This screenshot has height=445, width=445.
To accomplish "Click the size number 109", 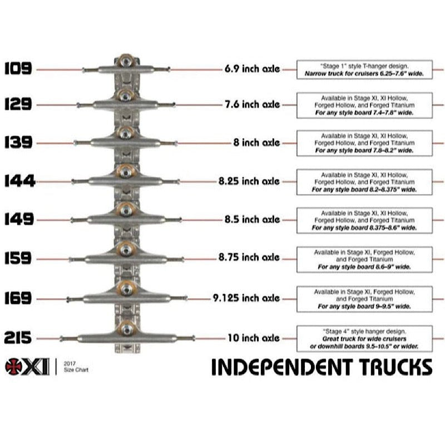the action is [18, 68].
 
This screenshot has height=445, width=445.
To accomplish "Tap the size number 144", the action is [19, 181].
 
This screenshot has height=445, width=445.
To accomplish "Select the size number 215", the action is [18, 338].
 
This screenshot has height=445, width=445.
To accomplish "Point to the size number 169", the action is [18, 298].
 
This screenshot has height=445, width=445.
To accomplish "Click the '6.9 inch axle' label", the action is [253, 68].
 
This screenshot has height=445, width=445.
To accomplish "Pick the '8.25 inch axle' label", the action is [249, 181].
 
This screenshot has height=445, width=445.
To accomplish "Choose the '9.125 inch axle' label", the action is [246, 298].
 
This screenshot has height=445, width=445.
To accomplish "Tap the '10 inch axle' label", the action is [254, 338].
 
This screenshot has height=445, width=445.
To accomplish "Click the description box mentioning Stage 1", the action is [364, 70].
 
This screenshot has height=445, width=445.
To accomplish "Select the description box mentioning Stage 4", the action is [364, 339].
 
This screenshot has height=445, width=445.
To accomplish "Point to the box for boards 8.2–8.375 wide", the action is [364, 182].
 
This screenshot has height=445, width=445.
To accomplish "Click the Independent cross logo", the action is [13, 367].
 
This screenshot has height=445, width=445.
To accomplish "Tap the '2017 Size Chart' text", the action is [76, 367].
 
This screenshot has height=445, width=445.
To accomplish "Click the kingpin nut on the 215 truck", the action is [127, 329].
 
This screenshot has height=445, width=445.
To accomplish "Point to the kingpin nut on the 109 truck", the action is [126, 61].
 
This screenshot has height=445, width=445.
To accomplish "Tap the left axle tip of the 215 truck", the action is [61, 338].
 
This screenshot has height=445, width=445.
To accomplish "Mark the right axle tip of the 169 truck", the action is [186, 298].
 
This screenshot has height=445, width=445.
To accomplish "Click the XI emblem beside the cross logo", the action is [36, 367].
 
